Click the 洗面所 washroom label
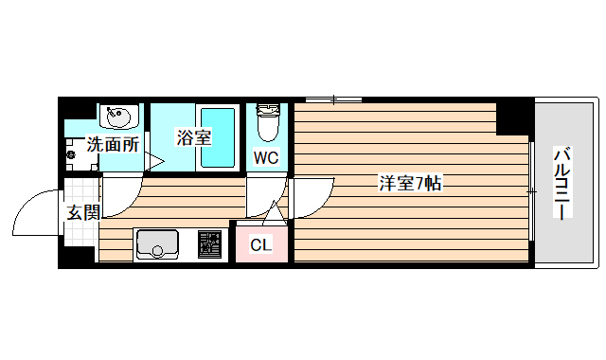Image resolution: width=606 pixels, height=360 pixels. (113, 145)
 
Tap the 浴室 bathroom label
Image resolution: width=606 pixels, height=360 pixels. (193, 137)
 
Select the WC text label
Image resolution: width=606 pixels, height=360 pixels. (265, 158)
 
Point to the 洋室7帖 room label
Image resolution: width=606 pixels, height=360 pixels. (409, 184)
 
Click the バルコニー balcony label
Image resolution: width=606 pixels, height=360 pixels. (563, 183)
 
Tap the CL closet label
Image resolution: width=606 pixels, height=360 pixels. (260, 245)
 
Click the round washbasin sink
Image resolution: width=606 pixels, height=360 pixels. (119, 118)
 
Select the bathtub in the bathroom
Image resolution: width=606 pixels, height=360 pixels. (219, 136)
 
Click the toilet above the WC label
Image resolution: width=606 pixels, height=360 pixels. (267, 121)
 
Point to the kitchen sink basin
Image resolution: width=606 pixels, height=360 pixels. (154, 244)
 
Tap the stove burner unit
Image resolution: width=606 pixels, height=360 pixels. (209, 244)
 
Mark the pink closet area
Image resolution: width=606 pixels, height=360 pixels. (262, 243)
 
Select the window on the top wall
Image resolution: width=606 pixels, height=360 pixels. (333, 99)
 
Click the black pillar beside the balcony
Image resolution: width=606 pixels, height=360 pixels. (515, 117)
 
